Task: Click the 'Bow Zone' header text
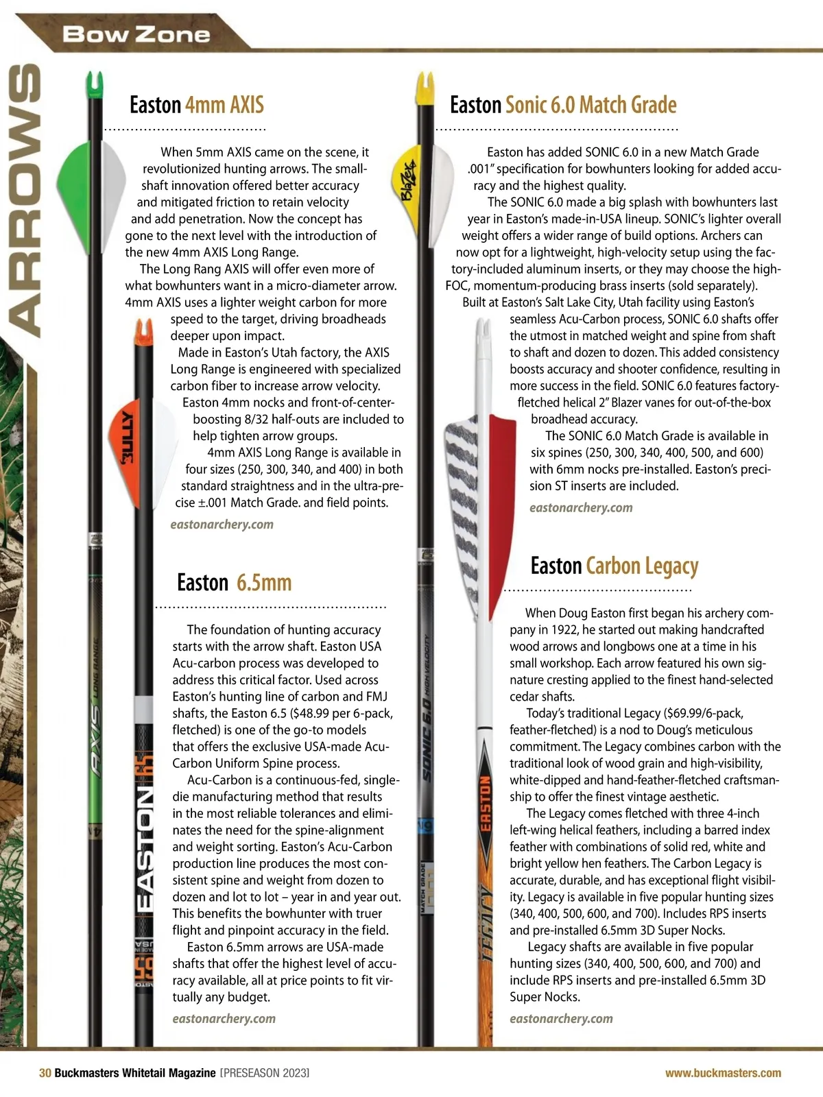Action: click(x=136, y=34)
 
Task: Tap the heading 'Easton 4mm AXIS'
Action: click(x=196, y=105)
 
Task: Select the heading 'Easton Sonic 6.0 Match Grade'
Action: click(x=562, y=105)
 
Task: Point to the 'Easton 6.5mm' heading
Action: click(x=234, y=583)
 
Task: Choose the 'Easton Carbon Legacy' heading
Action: click(x=614, y=566)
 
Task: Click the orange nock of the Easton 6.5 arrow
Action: click(x=143, y=331)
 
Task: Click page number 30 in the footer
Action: click(x=45, y=1073)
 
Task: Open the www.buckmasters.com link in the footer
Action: click(x=722, y=1073)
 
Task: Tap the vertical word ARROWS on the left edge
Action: click(x=24, y=199)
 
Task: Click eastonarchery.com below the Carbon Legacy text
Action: click(x=561, y=1019)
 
